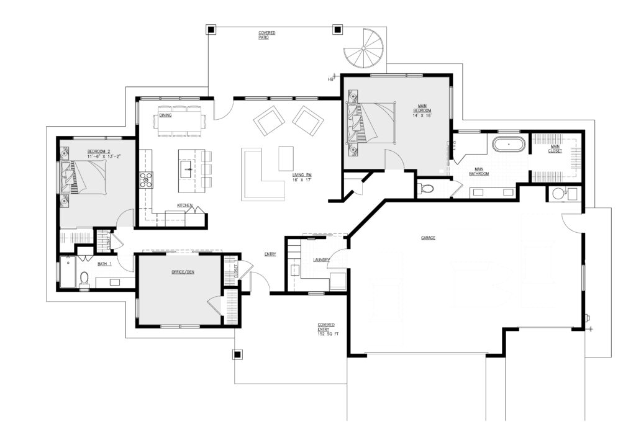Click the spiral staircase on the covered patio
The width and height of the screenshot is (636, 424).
(363, 48)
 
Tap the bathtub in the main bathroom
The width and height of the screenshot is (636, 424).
(509, 144)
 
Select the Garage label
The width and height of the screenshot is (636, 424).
(428, 238)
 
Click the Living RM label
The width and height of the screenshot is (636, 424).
(302, 174)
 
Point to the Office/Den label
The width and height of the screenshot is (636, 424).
(183, 271)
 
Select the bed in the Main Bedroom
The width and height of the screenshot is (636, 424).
(371, 123)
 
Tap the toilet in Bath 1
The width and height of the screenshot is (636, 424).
(84, 279)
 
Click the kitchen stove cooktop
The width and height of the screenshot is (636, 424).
(147, 180)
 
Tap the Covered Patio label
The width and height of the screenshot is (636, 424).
(267, 35)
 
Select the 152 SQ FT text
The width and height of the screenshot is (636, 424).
(328, 335)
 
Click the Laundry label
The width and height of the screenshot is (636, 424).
(321, 260)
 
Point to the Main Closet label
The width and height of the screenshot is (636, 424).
(555, 149)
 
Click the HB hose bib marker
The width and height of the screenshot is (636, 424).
(330, 79)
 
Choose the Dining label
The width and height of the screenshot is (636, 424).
(165, 115)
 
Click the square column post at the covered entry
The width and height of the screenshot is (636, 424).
(237, 354)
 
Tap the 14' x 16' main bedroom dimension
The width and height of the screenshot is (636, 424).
(422, 115)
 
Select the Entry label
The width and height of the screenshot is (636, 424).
(270, 254)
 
